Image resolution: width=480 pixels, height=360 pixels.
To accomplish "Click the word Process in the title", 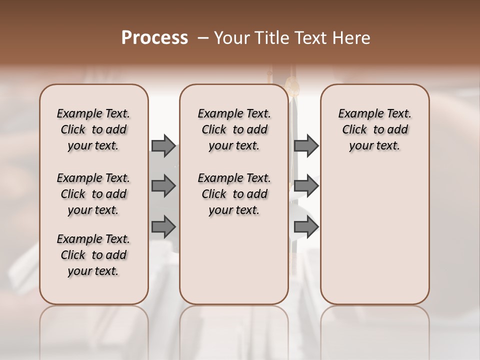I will pos(154,37).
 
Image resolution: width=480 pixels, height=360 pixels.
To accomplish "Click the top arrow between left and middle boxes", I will pos(163,145).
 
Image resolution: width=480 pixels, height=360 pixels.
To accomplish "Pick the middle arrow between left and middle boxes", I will pos(163,186).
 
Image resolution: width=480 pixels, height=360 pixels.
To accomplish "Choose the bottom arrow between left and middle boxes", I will pos(163,227).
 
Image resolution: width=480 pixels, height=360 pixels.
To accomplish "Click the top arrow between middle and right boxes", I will pos(306,145).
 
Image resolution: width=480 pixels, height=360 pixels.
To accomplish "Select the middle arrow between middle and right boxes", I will pos(306,186).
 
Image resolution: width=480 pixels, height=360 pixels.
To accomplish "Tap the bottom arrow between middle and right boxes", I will pos(306,227).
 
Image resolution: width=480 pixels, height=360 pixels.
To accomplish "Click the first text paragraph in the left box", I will pos(93,129).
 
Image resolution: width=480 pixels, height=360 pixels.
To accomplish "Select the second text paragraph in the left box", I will pos(93,194).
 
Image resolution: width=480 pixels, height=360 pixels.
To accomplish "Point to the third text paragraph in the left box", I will pos(93,255).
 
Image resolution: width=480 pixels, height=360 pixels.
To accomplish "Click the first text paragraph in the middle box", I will pos(234,129).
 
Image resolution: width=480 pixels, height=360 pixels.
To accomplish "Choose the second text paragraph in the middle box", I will pos(234,194).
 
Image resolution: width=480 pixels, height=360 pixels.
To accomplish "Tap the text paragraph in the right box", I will pos(374,129).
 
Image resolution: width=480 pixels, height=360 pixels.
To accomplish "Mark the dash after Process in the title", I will pos(203,38).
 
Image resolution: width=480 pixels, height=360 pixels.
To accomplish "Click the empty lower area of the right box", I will pos(374,235).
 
